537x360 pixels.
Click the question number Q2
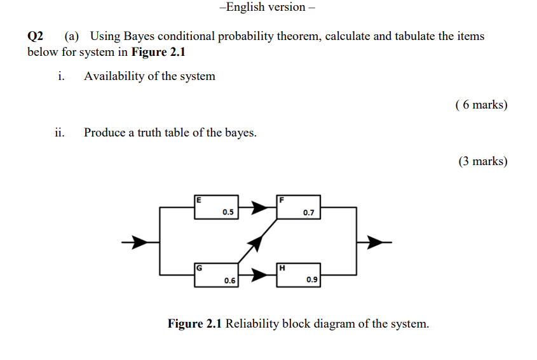36,36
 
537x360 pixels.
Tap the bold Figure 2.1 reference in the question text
158,52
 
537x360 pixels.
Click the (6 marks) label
482,105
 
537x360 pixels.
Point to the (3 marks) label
482,161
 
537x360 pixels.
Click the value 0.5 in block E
228,213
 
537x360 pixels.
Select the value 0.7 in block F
309,213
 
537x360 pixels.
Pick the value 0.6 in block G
229,280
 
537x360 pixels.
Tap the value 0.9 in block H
311,280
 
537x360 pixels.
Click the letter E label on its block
199,199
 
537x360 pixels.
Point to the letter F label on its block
281,199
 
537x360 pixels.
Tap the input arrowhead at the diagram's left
135,241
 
